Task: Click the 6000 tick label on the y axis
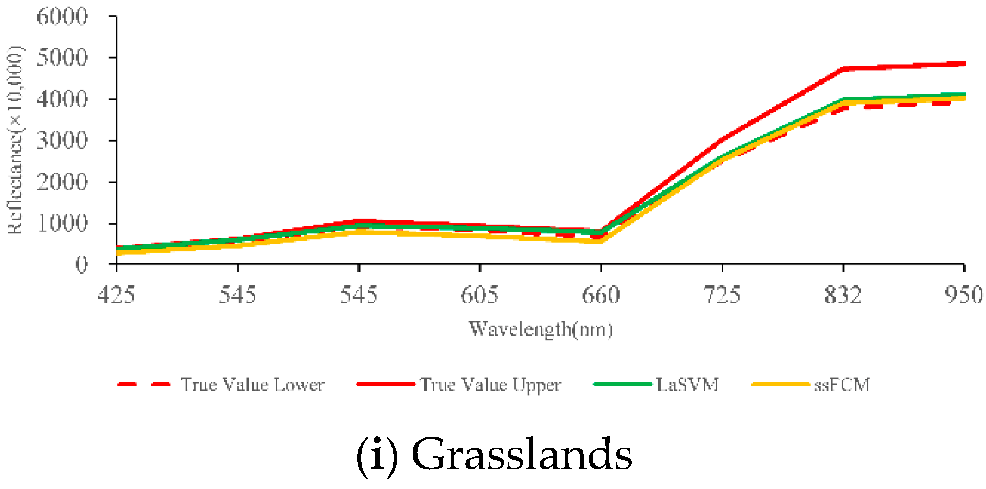coord(62,16)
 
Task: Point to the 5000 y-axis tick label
coord(62,58)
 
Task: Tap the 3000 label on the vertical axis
coord(62,141)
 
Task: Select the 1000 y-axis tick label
coord(62,223)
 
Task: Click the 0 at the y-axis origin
coord(81,265)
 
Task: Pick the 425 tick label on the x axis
coord(116,295)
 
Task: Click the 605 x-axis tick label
coord(479,295)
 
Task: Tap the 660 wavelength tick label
coord(601,295)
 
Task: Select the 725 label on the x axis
coord(722,295)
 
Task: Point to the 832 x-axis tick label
coord(843,295)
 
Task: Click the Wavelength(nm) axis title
coord(541,329)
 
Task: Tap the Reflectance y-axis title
coord(15,140)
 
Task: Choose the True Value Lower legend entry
coord(252,385)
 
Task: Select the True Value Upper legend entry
coord(490,385)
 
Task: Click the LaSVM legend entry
coord(687,385)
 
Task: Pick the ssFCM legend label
coord(842,385)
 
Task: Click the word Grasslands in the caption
coord(522,455)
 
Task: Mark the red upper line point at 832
coord(843,69)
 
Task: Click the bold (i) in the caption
coord(377,455)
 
